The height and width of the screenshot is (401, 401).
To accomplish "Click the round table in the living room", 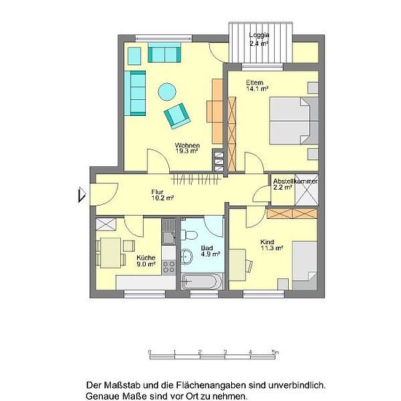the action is [x=167, y=92].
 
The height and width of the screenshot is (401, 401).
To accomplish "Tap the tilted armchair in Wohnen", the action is [x=177, y=116].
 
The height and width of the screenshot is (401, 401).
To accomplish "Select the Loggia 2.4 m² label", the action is [x=259, y=39].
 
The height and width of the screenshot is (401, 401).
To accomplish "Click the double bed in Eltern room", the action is [x=294, y=120].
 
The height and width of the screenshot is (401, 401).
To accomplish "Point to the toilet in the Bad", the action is [x=189, y=235].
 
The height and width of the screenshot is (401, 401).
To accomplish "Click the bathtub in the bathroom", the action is [x=202, y=281].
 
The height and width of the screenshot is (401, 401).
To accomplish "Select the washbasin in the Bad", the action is [x=187, y=256].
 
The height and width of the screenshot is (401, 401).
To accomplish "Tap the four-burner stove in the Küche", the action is [x=169, y=267].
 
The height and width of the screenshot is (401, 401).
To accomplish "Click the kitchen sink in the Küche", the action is [x=169, y=231].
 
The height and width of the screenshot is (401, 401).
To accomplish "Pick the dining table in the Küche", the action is [x=111, y=253].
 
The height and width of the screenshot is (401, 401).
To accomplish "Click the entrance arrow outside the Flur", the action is [x=82, y=195].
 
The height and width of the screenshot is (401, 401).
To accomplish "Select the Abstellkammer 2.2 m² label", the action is [x=295, y=184].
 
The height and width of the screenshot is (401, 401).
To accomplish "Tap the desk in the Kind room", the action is [x=238, y=265].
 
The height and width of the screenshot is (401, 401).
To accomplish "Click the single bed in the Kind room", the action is [x=305, y=265].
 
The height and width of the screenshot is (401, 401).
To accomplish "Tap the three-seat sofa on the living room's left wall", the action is [x=135, y=93].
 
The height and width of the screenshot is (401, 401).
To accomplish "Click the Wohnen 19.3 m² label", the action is [x=187, y=148].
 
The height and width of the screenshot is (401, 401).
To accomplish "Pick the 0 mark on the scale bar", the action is [x=149, y=352].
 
